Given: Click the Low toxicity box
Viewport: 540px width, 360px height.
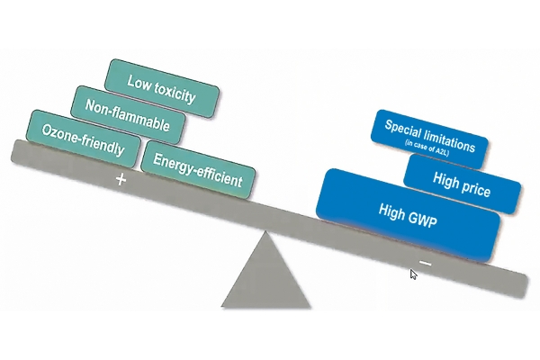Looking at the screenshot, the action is [x=162, y=88].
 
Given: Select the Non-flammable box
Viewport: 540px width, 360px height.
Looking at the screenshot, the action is [x=128, y=115].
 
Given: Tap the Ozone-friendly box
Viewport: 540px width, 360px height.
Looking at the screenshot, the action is [x=84, y=139].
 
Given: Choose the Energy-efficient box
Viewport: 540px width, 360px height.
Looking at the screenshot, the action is [x=198, y=170].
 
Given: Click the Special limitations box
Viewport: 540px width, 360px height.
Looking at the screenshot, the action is [x=429, y=139].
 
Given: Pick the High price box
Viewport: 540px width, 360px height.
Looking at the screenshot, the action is [x=462, y=184].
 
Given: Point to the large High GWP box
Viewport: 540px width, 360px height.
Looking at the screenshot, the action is [x=408, y=215].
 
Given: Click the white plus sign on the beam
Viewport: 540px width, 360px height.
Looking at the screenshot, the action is [x=121, y=179].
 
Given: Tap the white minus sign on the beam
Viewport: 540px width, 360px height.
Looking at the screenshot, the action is [x=426, y=264].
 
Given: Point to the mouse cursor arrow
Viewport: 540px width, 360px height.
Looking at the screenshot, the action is [x=413, y=274].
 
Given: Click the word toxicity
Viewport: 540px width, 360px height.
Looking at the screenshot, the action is [x=175, y=93].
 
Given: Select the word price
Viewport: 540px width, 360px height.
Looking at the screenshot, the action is [x=475, y=188].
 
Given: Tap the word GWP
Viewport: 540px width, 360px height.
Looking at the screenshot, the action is [x=422, y=219].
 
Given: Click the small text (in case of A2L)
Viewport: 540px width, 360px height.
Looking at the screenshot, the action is [x=427, y=148].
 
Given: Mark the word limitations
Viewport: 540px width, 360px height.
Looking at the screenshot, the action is [x=450, y=141].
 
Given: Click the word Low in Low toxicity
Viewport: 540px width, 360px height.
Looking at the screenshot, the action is [x=139, y=83].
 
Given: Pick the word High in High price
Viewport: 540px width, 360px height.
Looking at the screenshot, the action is [x=445, y=180].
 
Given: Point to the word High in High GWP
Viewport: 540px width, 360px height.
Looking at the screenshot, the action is [x=391, y=211].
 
